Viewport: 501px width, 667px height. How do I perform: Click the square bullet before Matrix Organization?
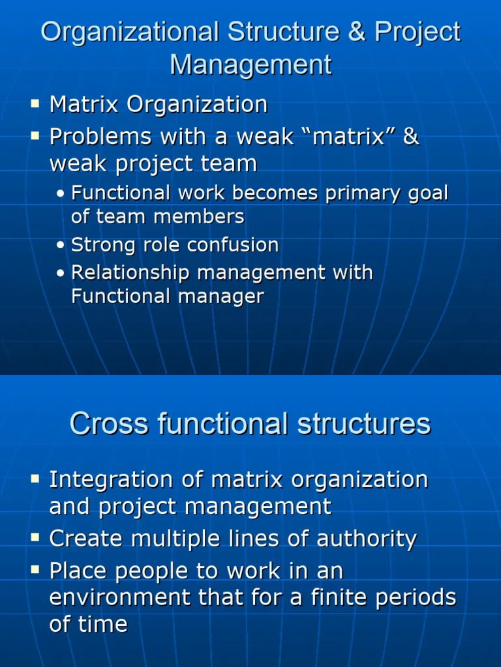pyautogui.click(x=35, y=104)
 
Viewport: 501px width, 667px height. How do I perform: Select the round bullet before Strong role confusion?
pyautogui.click(x=61, y=246)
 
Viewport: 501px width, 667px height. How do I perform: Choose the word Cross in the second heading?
pyautogui.click(x=100, y=423)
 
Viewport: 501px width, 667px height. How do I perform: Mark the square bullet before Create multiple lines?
pyautogui.click(x=35, y=539)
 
